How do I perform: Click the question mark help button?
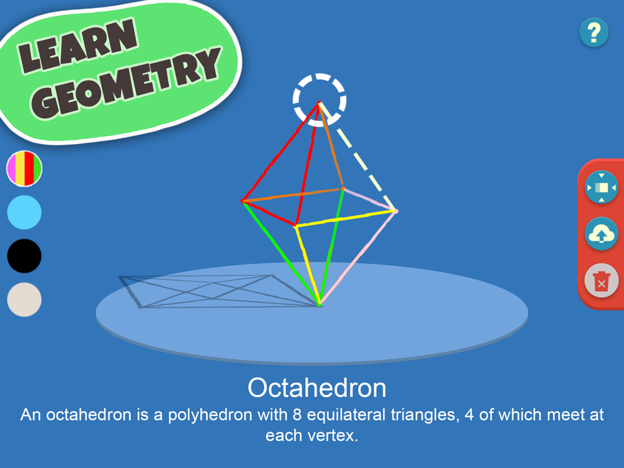[594, 32]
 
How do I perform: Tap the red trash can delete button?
[602, 281]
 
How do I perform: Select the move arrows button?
[602, 187]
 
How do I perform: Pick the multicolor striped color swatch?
[24, 168]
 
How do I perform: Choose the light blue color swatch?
[24, 212]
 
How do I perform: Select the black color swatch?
[24, 256]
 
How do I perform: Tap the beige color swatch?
[24, 300]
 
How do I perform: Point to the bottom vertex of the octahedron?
[319, 305]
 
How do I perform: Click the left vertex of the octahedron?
[243, 201]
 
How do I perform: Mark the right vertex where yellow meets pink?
[395, 211]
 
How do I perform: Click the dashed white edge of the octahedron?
[358, 157]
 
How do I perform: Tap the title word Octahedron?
[317, 388]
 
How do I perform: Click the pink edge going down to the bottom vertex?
[358, 258]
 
